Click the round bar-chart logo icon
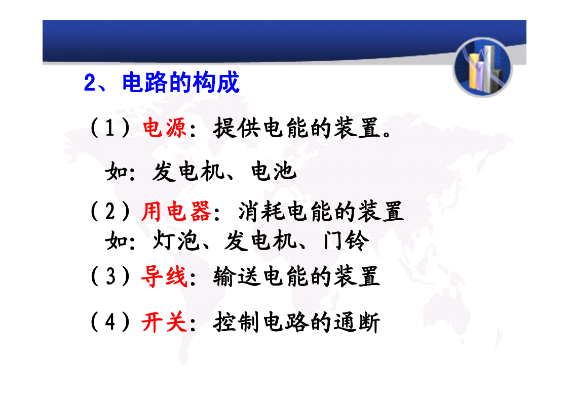coord(482,67)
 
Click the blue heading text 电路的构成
coord(181,83)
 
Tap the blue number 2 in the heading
coord(90,83)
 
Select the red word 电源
coord(164,128)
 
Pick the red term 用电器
coord(176,211)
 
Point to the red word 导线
coord(164,276)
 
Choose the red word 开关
coord(164,322)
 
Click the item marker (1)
coord(110,128)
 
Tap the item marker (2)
coord(110,211)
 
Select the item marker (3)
coord(110,276)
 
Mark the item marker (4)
coord(110,322)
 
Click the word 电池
coord(274,171)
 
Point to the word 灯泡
coord(176,240)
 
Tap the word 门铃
coord(346,240)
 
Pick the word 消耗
coord(261,211)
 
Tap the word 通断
coord(357,322)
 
